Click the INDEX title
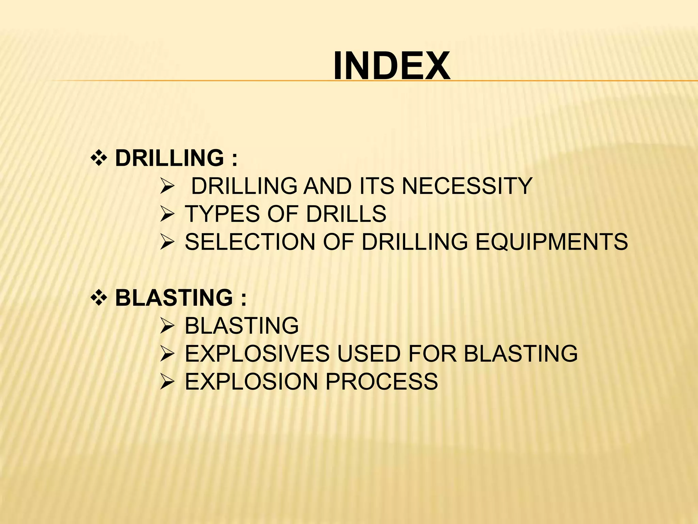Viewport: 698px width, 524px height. tap(392, 66)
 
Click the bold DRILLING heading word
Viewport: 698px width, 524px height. tap(169, 158)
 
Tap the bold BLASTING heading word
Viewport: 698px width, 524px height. tap(174, 297)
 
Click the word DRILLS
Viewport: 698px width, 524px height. tap(346, 214)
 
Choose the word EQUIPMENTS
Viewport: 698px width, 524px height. tap(551, 242)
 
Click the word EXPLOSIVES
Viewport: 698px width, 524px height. tap(257, 353)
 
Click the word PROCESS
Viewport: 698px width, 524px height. tap(382, 381)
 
